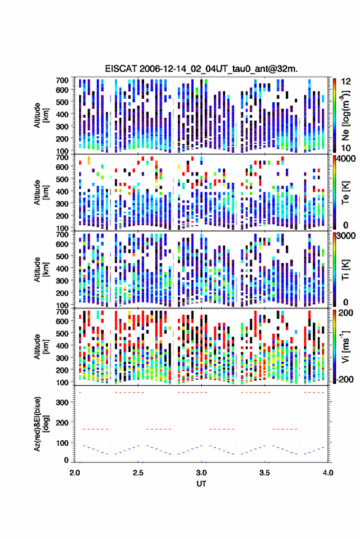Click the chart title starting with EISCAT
point(201,69)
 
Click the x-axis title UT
point(201,484)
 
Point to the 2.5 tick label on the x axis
point(138,473)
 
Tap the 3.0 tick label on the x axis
point(202,473)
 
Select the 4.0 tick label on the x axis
point(328,473)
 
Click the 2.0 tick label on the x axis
point(75,473)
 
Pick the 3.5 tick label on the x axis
point(265,473)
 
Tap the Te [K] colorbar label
point(345,193)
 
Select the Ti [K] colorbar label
point(345,270)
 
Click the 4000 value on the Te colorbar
point(346,159)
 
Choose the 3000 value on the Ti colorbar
point(346,236)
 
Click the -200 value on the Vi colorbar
point(345,380)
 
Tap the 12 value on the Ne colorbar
point(347,82)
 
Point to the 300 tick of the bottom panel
point(62,402)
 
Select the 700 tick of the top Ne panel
point(62,80)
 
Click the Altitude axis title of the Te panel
point(41,193)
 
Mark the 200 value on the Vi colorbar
point(346,313)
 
